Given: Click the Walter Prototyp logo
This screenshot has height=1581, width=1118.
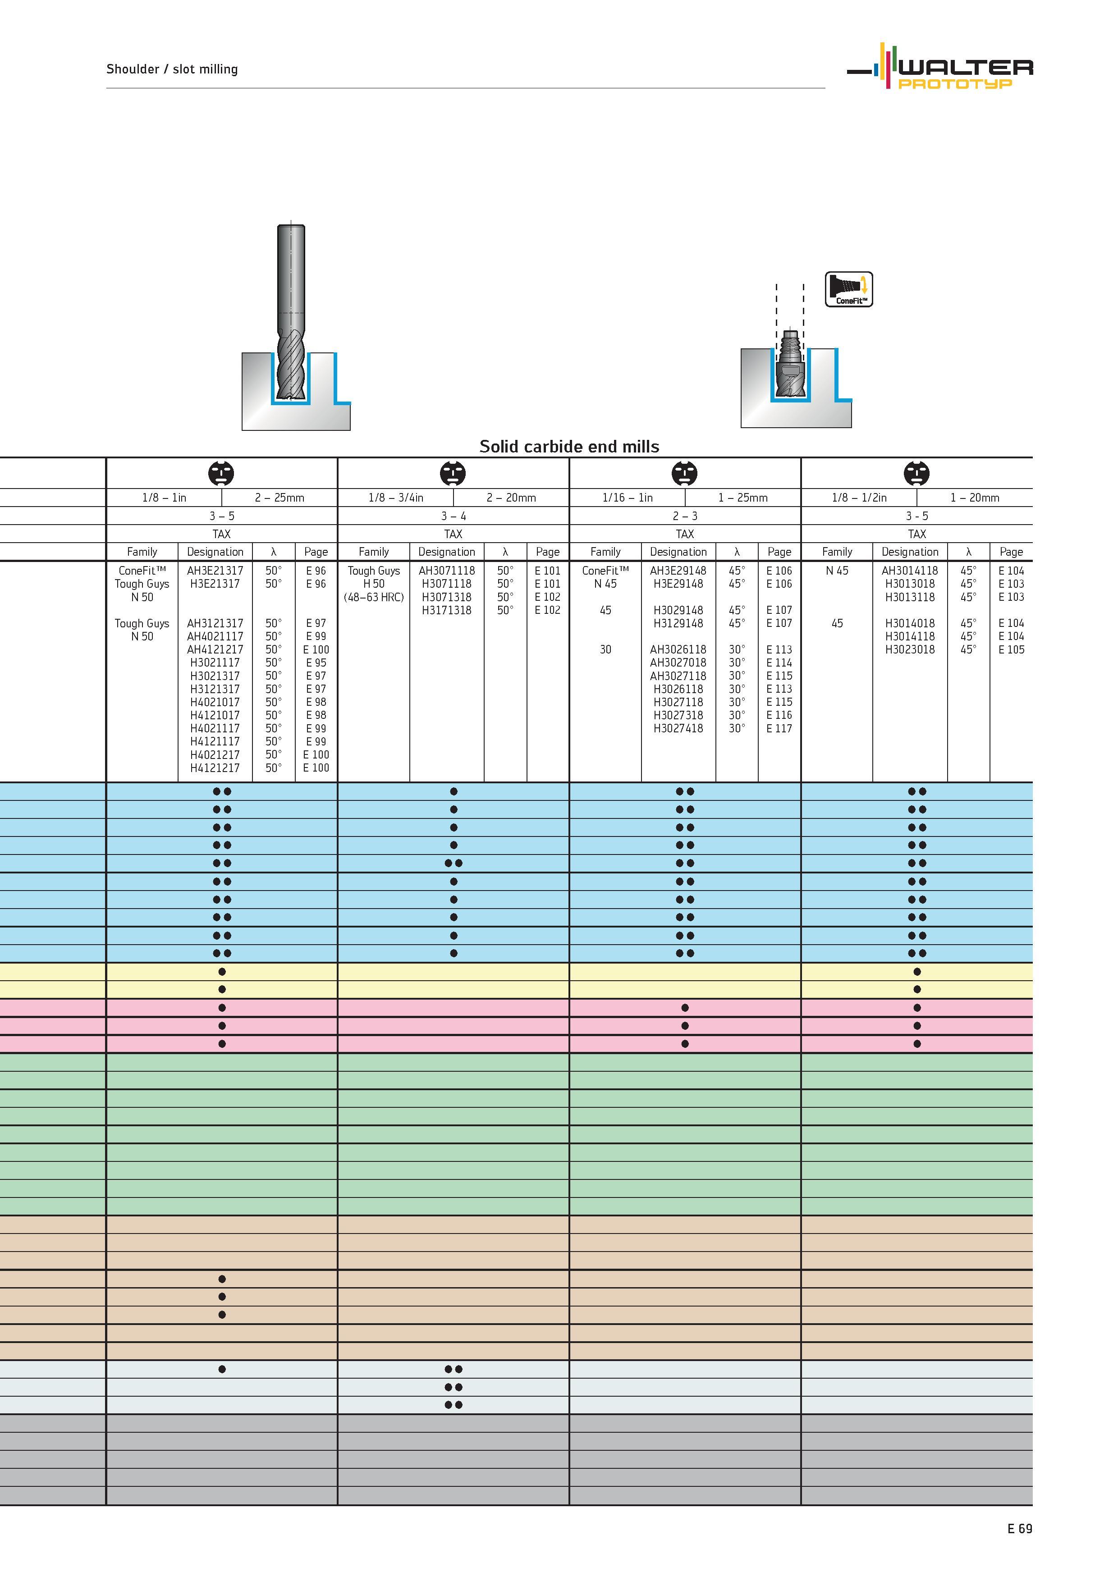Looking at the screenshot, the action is click(x=939, y=66).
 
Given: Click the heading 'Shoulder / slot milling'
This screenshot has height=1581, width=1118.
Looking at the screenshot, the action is click(x=172, y=69).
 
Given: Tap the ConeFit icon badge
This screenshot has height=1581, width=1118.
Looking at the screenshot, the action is click(x=849, y=289).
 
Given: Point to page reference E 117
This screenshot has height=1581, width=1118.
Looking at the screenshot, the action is click(x=779, y=728).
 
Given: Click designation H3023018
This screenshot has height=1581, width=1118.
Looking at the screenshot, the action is click(x=910, y=649).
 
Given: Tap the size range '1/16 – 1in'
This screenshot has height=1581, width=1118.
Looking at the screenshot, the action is click(x=628, y=497).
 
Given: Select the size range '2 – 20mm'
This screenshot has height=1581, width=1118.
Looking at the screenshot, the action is click(x=511, y=497).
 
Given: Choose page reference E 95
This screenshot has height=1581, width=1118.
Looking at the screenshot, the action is click(x=316, y=663).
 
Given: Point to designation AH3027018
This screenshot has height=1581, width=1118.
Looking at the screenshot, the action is click(x=678, y=663).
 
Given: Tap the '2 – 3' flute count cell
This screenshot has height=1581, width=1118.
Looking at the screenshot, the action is click(x=685, y=516).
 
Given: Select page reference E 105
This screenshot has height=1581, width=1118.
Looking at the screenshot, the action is click(x=1011, y=649).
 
